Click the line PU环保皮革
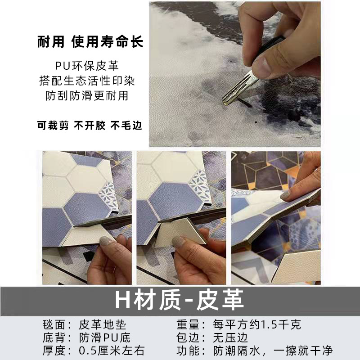click(x=90, y=67)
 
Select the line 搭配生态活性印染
click(x=90, y=81)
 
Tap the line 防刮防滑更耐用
click(x=90, y=96)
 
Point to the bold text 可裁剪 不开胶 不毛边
click(x=90, y=126)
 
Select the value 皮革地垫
click(x=103, y=324)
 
